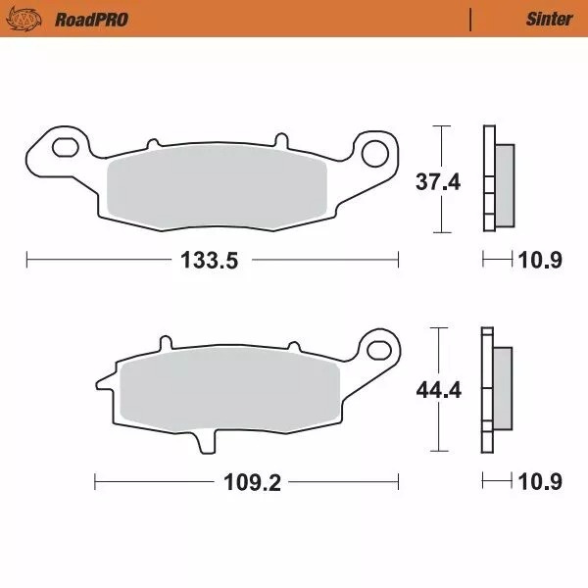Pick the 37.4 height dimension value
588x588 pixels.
coord(438,181)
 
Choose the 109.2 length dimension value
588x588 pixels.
coord(247,483)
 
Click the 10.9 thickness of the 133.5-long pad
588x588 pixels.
coord(540,261)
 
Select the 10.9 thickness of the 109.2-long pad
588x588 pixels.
coord(540,483)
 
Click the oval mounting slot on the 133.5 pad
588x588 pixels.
coord(67,148)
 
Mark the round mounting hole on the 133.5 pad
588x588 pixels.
coord(375,153)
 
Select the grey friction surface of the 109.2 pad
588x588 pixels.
coord(225,389)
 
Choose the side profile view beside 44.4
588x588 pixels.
coord(494,390)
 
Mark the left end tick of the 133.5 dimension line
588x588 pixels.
coord(26,260)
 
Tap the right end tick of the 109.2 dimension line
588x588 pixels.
coord(399,483)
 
